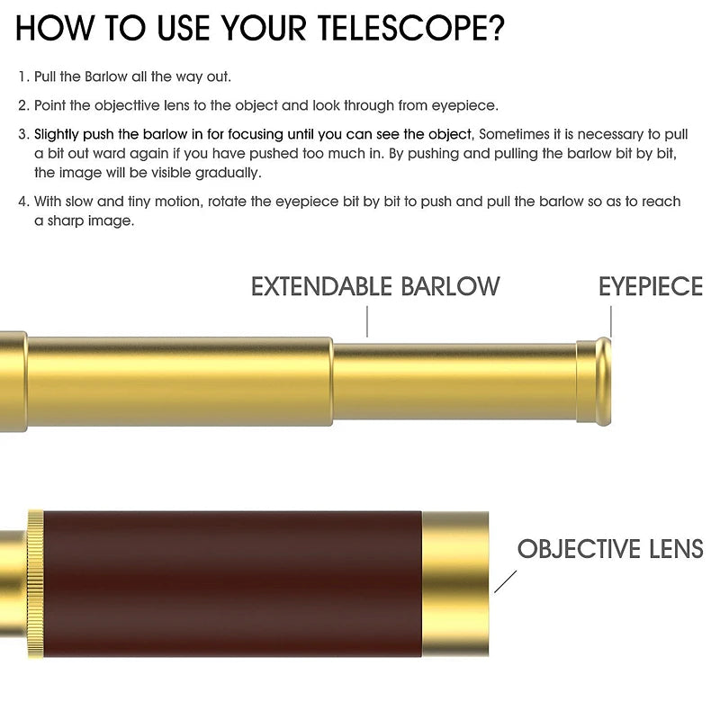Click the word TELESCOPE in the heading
[x=411, y=29]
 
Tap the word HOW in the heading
[x=54, y=29]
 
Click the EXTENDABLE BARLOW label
[x=375, y=286]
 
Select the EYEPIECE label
[x=650, y=286]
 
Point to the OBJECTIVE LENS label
[x=610, y=549]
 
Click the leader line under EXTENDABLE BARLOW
[x=367, y=322]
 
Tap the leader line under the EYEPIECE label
[x=611, y=322]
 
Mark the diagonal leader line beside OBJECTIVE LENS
[x=505, y=581]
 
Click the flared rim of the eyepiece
[x=603, y=382]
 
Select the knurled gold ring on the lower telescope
[x=35, y=583]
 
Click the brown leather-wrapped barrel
[x=232, y=583]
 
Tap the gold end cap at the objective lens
[x=455, y=583]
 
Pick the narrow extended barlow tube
[x=454, y=382]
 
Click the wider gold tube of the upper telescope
[x=179, y=382]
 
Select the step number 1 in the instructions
[x=24, y=76]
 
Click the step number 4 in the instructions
[x=24, y=202]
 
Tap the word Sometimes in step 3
[x=514, y=134]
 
